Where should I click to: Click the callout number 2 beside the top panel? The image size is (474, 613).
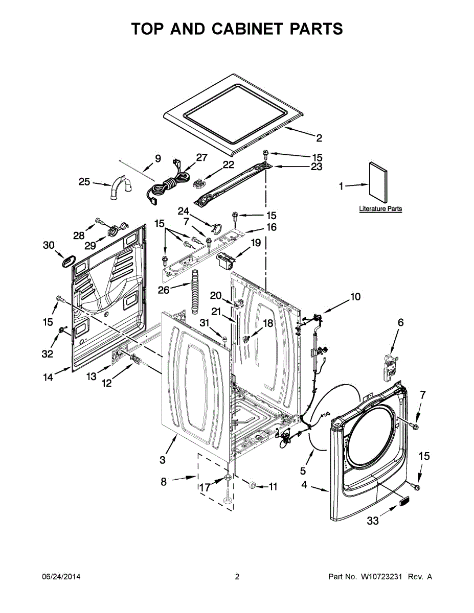tap(319, 137)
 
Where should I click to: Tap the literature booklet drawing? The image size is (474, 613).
tap(378, 185)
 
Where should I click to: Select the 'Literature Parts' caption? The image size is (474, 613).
tap(380, 209)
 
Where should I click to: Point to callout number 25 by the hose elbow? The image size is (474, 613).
tap(84, 181)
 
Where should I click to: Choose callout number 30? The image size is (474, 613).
tap(49, 246)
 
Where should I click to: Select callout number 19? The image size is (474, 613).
tap(255, 243)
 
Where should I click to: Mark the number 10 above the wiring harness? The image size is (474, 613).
tap(355, 296)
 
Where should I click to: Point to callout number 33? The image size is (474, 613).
tap(373, 521)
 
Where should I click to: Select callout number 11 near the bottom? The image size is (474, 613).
tap(273, 487)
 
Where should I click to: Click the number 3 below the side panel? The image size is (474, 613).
tap(162, 460)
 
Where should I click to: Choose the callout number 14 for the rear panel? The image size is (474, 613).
tap(48, 378)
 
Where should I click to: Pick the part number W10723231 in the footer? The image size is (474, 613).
tap(383, 577)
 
